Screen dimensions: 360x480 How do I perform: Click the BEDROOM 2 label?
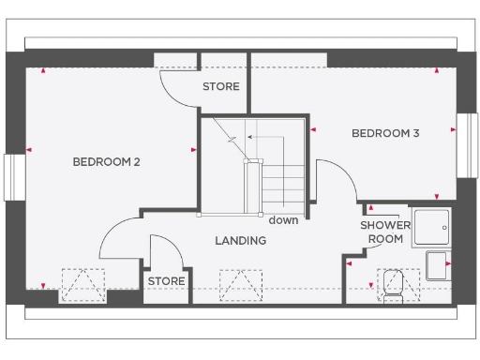tap(106, 162)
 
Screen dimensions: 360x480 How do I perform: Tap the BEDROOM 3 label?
tap(384, 133)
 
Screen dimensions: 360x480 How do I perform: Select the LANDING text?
tap(240, 241)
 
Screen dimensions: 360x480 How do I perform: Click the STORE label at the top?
tap(221, 87)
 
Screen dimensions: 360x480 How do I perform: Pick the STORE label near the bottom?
tap(166, 281)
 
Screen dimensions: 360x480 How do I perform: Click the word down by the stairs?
tap(282, 221)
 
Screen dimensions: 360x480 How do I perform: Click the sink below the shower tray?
tap(438, 264)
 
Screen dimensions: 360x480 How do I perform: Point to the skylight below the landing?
tap(239, 282)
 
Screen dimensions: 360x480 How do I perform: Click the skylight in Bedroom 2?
tap(82, 282)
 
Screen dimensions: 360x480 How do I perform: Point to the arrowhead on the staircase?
tap(250, 138)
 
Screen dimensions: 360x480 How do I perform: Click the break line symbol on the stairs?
tap(232, 138)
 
